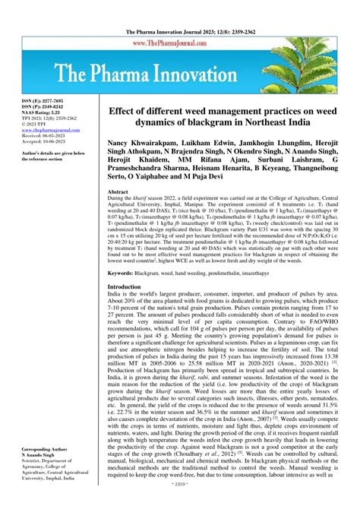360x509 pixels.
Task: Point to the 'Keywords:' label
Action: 127,271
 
